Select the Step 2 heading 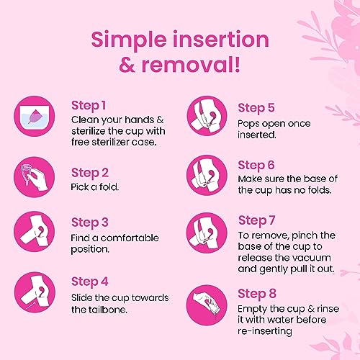pyautogui.click(x=91, y=172)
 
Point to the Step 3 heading pyautogui.click(x=91, y=222)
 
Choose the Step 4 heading pyautogui.click(x=91, y=280)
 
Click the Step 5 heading pyautogui.click(x=257, y=108)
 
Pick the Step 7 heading pyautogui.click(x=256, y=220)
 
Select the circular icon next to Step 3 pyautogui.click(x=36, y=232)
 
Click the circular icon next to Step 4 pyautogui.click(x=36, y=289)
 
